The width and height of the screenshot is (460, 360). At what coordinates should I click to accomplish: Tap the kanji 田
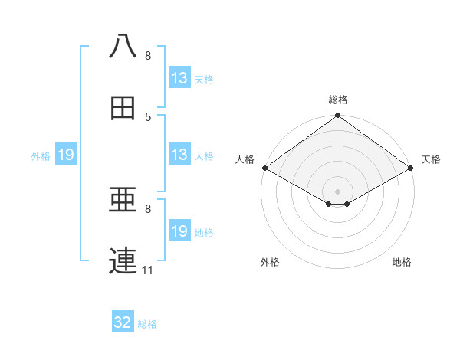coord(123,108)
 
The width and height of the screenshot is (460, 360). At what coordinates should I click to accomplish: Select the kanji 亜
coord(123,201)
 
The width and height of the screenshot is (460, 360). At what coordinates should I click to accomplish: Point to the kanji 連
coord(123,261)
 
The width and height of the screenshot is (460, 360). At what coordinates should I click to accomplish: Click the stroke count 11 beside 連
coord(147,270)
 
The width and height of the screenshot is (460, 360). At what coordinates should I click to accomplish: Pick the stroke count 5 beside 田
coord(148,116)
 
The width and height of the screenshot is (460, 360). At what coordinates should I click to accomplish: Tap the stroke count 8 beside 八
coord(148,56)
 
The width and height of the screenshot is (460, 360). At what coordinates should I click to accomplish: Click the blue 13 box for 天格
coord(179,78)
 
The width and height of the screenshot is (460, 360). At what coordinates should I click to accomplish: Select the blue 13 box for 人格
coord(179,155)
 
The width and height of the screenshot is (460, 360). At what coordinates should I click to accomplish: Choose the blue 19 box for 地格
coord(179,231)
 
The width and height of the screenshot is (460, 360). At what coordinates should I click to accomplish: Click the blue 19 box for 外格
coord(66,155)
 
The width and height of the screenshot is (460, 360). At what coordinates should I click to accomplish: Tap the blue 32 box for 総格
coord(123,322)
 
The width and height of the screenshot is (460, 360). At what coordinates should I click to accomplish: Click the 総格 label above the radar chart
coord(338,100)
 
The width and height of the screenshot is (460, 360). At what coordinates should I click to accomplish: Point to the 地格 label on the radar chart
coord(402,263)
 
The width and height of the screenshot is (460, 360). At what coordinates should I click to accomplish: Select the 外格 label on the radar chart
coord(270,263)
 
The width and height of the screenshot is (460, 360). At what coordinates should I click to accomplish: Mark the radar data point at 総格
coord(338,116)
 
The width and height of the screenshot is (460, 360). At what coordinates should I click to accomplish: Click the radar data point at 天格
coord(412,168)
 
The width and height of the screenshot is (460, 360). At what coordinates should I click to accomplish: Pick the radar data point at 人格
coord(264,168)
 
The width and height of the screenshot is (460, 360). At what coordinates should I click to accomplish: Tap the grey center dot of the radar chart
coord(338,191)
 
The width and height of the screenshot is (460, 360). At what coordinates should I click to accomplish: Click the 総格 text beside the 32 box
coord(147,324)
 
